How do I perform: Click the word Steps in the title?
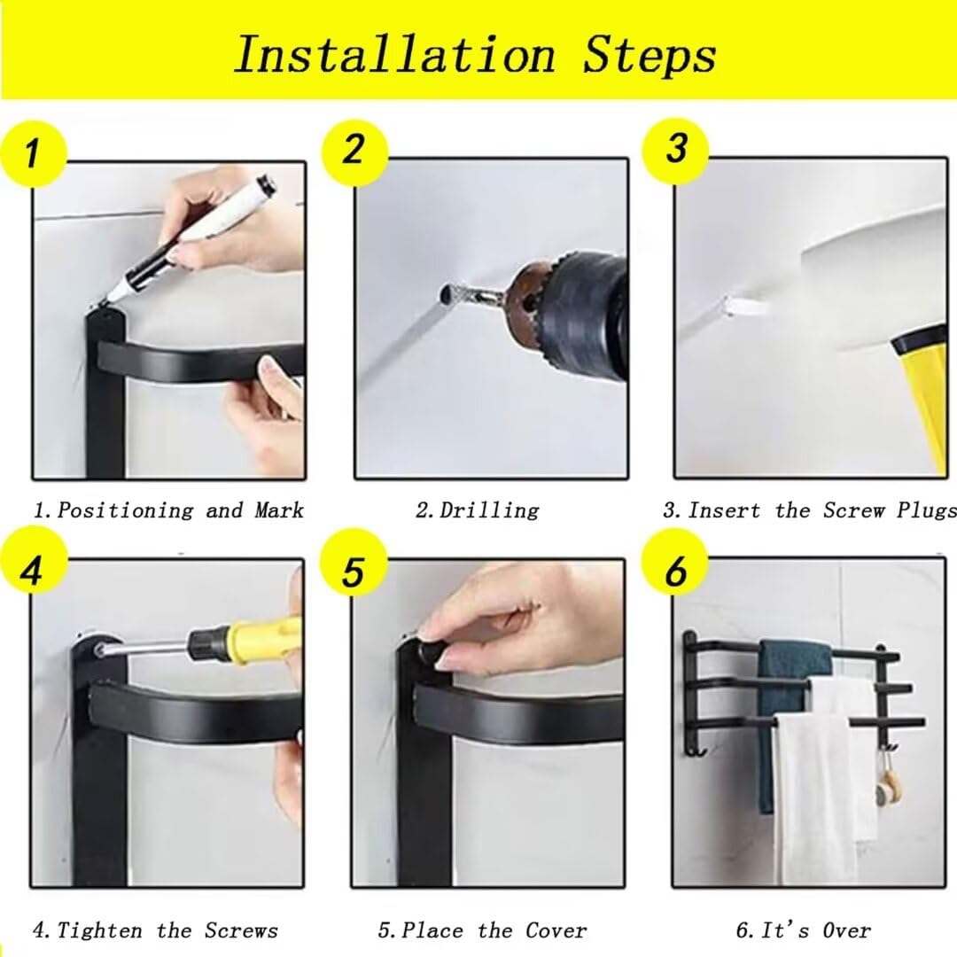pos(649,56)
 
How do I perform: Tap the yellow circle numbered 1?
pos(33,152)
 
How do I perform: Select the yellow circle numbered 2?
pos(354,151)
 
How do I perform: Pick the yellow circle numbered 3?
pos(675,149)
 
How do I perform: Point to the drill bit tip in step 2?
pos(446,294)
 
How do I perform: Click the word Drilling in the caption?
pos(489,510)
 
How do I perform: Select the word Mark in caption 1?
pos(279,510)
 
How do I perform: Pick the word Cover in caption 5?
pos(556,930)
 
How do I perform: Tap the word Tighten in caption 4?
pos(99,930)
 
